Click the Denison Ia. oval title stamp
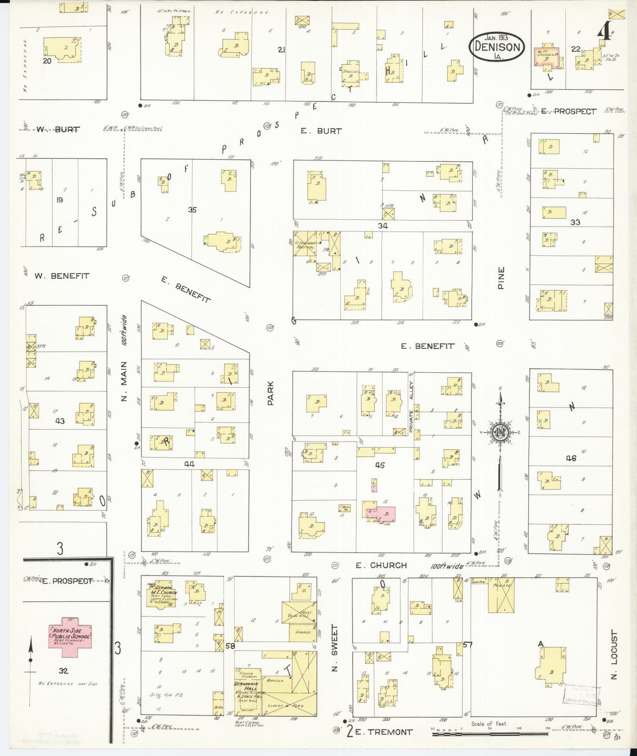(x=497, y=47)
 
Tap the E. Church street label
(x=381, y=565)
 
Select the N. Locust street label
(x=615, y=655)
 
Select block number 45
(x=380, y=465)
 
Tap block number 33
(x=575, y=222)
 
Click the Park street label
(x=271, y=393)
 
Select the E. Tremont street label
(x=384, y=732)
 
